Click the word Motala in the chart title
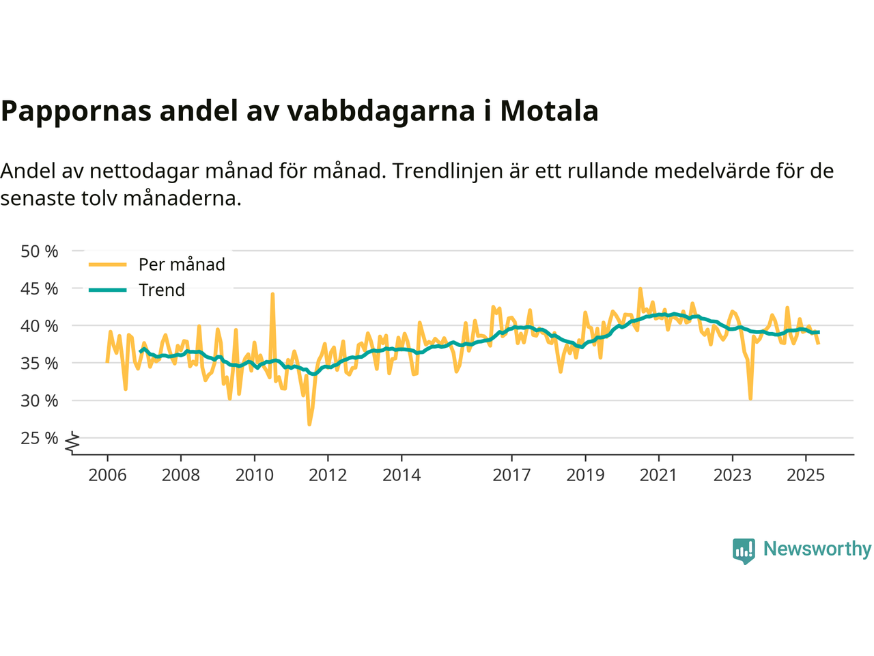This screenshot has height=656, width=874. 549,111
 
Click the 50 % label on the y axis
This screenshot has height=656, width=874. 40,251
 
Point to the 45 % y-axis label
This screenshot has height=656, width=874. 40,288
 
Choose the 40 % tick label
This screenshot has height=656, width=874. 40,326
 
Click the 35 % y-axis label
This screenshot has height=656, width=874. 40,364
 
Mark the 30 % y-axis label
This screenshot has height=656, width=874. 40,401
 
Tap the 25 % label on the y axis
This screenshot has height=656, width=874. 40,438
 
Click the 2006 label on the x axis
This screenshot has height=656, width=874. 107,475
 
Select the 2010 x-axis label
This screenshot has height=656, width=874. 254,475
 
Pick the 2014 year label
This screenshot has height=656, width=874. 401,475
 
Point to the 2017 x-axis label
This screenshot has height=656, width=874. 511,475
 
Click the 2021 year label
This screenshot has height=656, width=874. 658,475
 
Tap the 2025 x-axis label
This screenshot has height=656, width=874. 806,475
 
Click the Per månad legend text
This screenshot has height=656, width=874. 182,264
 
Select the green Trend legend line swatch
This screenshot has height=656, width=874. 108,290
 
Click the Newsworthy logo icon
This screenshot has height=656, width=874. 744,550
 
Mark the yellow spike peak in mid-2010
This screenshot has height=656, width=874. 272,294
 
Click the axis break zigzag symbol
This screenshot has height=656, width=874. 72,443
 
